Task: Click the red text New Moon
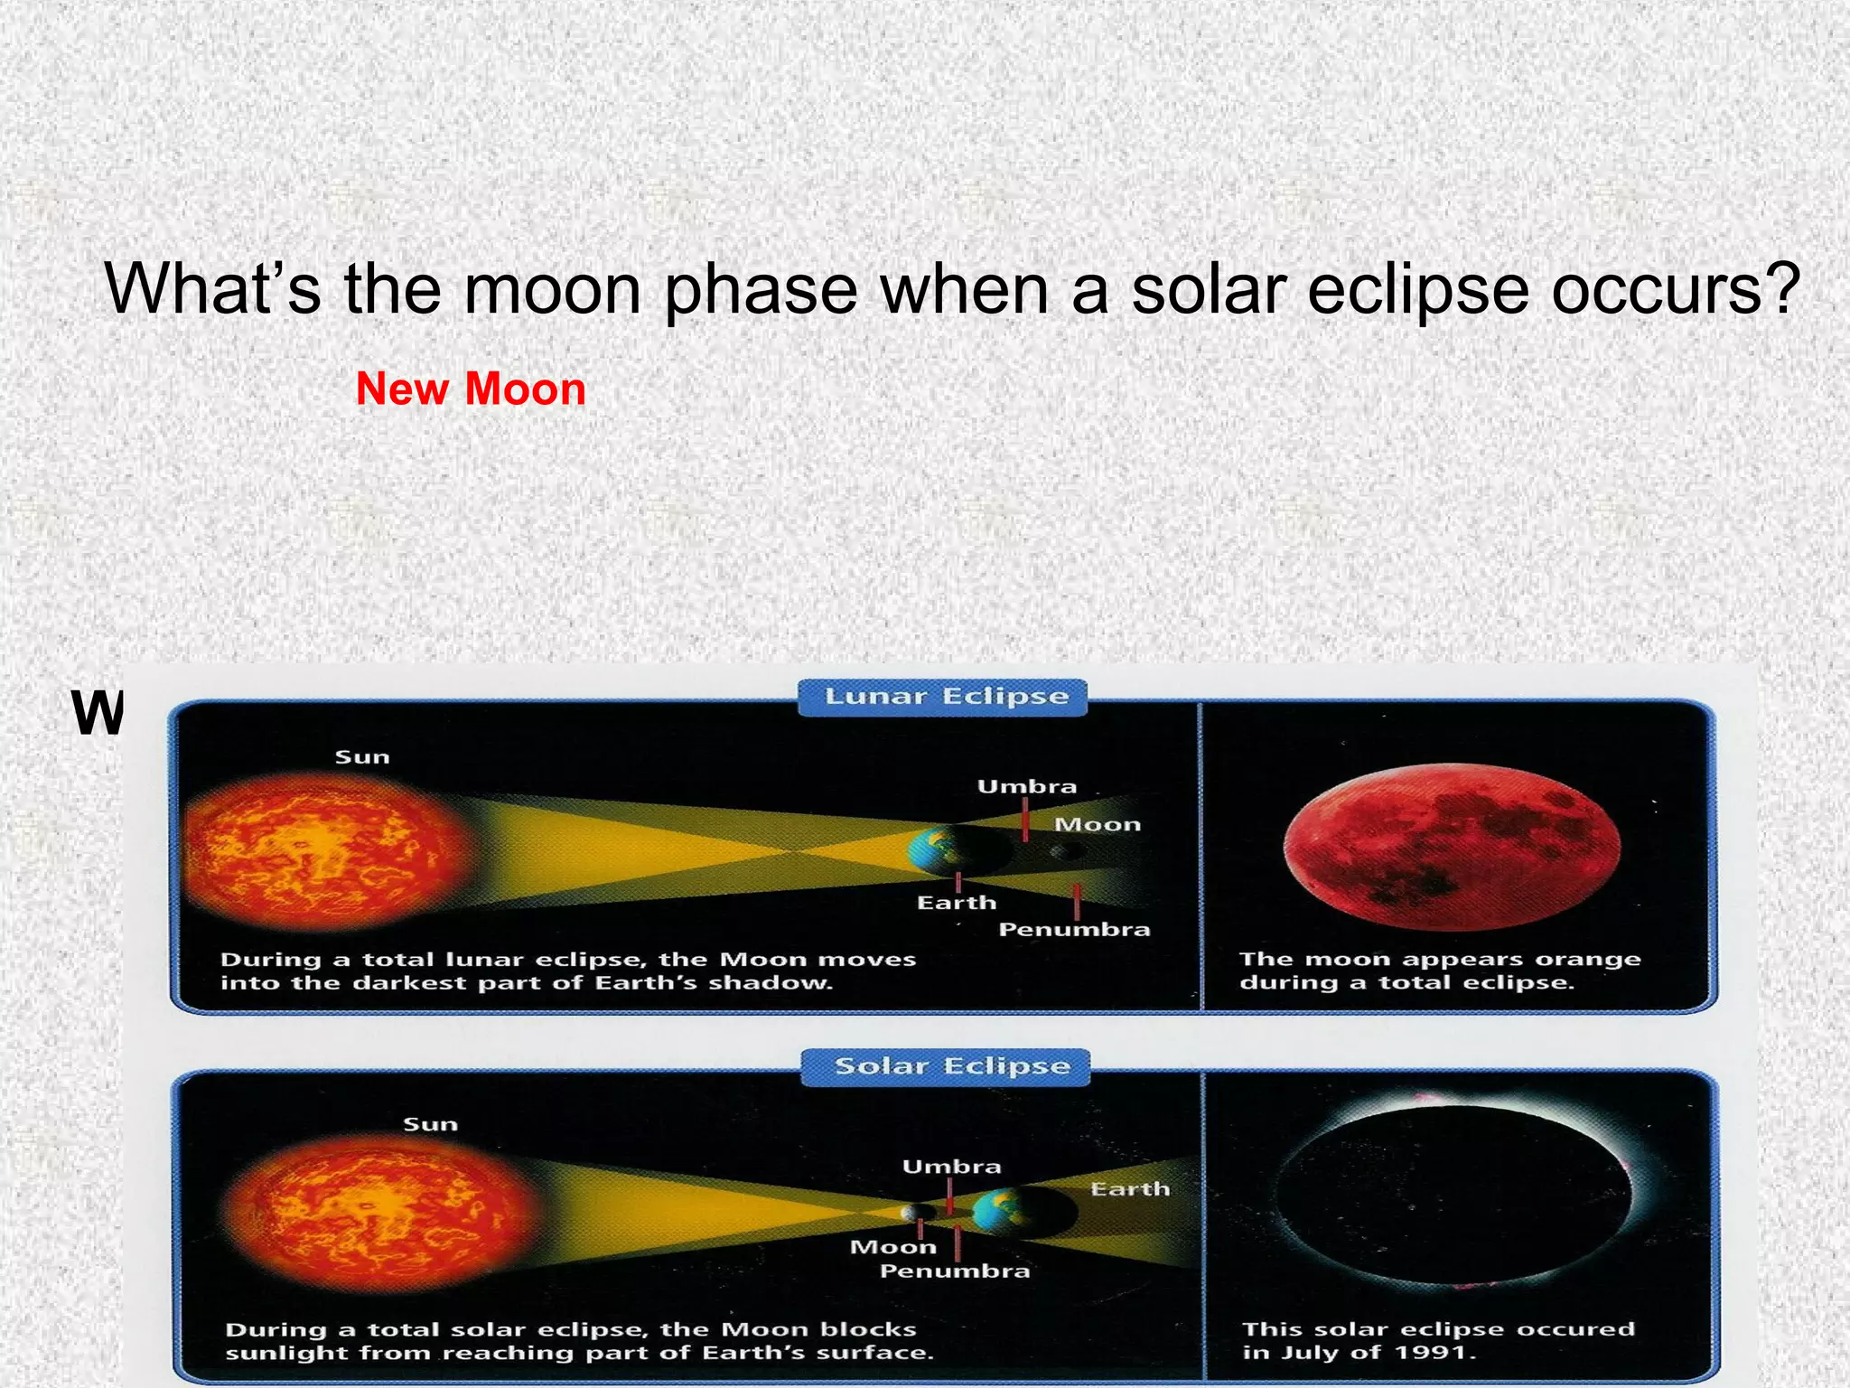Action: click(x=471, y=389)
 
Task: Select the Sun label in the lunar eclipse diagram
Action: click(x=362, y=757)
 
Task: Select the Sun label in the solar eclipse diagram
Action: click(x=430, y=1124)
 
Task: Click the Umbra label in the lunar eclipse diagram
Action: click(x=1027, y=787)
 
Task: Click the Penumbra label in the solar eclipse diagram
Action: click(x=955, y=1271)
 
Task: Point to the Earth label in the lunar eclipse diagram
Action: click(x=957, y=903)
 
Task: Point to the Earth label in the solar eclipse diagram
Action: click(x=1130, y=1189)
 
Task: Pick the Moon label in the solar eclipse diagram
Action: click(x=893, y=1248)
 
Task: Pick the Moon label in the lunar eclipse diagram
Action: click(x=1098, y=824)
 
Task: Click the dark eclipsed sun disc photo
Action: click(x=1452, y=1193)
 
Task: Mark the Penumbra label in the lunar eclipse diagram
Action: click(x=1074, y=930)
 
